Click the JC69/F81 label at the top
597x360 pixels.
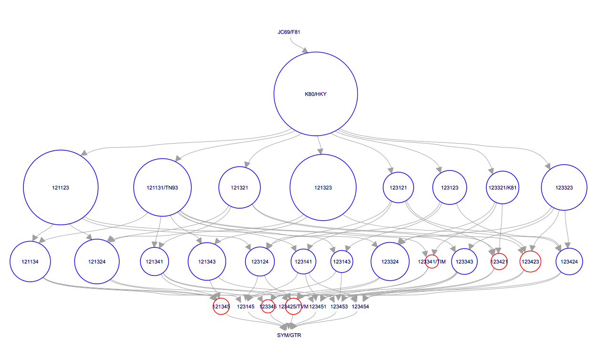[289, 32]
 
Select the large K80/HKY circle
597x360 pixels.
[315, 94]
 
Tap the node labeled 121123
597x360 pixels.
[61, 188]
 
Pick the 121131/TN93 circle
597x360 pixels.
[163, 188]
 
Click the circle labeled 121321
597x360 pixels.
[240, 188]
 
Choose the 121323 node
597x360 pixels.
[323, 188]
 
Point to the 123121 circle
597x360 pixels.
[398, 188]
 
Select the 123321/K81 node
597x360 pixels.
[503, 188]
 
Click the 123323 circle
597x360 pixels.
[564, 188]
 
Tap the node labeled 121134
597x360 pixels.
[31, 262]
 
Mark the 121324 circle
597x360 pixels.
[97, 262]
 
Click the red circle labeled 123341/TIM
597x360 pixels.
[432, 262]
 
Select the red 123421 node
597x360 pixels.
[499, 262]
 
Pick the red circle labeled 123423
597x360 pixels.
[530, 262]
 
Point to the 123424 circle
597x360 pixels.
[569, 262]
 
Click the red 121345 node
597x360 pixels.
[221, 307]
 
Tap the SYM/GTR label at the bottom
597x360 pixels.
[289, 335]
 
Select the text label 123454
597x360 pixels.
[360, 307]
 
